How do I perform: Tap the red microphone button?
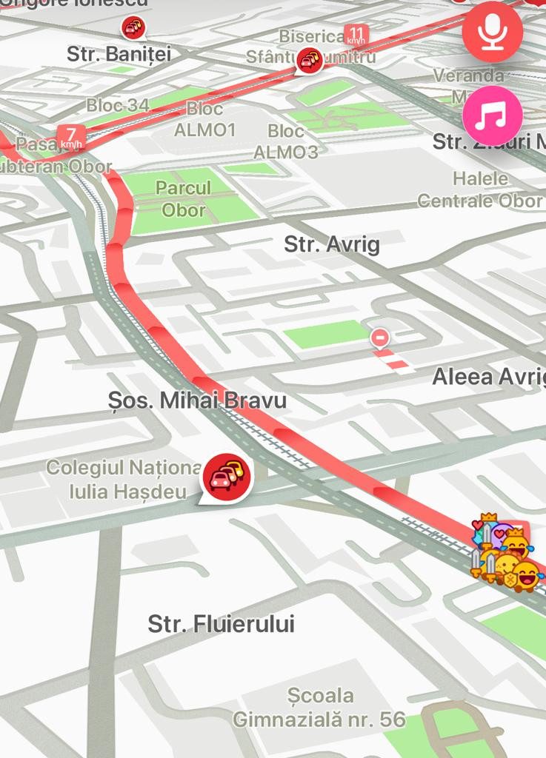(x=493, y=33)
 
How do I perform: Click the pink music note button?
(x=493, y=115)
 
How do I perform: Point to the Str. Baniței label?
(x=119, y=54)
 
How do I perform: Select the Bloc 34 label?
(x=118, y=105)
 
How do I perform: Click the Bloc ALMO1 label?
(x=204, y=119)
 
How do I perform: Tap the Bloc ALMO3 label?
(x=286, y=141)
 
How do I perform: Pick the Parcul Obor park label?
(x=184, y=198)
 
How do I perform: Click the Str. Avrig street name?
(x=332, y=244)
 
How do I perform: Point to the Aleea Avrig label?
(x=488, y=376)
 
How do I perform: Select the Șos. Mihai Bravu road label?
(x=197, y=400)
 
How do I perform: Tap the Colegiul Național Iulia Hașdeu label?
(x=124, y=479)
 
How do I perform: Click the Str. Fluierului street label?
(x=221, y=624)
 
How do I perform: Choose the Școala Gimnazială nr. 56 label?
(x=320, y=707)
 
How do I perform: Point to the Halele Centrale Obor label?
(x=480, y=189)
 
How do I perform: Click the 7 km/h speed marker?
(x=71, y=137)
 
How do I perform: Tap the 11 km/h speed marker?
(x=357, y=34)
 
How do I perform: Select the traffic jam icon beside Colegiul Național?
(x=227, y=475)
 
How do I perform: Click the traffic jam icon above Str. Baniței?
(x=133, y=28)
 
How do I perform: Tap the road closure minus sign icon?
(x=380, y=338)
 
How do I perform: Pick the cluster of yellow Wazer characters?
(x=505, y=554)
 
